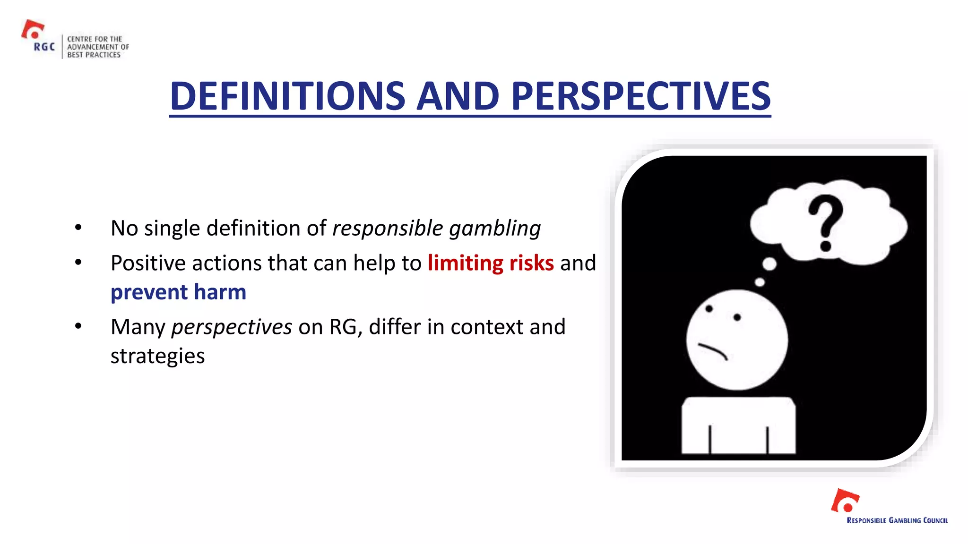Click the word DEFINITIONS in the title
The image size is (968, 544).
(x=287, y=96)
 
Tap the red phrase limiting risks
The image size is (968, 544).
(x=490, y=263)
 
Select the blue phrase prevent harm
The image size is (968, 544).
(x=178, y=292)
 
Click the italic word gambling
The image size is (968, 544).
(x=494, y=229)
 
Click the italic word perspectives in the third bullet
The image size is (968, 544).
(x=232, y=327)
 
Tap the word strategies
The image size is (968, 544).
(x=157, y=356)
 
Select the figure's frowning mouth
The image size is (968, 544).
(x=713, y=351)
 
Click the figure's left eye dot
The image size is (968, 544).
(x=709, y=309)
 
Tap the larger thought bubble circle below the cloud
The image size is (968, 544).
(x=769, y=263)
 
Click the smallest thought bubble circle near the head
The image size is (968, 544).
(x=760, y=282)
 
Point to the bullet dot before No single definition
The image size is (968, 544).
(x=78, y=228)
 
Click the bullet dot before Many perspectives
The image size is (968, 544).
(x=78, y=326)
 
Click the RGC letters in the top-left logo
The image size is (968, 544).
(x=44, y=47)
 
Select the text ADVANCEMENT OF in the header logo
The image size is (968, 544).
(x=98, y=47)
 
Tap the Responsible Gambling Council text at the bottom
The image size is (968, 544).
(x=897, y=520)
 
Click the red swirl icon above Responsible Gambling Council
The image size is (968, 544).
(x=845, y=501)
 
